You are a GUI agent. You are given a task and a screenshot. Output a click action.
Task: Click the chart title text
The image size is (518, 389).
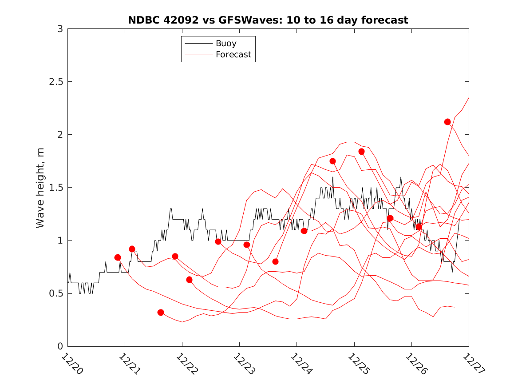tap(268, 20)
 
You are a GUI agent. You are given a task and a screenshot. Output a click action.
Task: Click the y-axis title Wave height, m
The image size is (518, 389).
tap(40, 188)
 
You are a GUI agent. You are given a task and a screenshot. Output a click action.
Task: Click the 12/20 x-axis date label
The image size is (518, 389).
tap(72, 363)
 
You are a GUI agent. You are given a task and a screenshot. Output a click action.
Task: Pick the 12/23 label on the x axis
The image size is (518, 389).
tap(244, 363)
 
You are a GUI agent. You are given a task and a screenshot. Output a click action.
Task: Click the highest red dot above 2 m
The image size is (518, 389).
tap(447, 122)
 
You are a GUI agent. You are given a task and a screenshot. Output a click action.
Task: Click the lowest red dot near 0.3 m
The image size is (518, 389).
tap(161, 313)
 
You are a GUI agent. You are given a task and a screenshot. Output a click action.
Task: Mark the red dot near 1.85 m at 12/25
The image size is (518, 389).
tap(361, 152)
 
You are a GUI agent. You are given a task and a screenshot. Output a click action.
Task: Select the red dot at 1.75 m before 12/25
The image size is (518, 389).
tap(333, 161)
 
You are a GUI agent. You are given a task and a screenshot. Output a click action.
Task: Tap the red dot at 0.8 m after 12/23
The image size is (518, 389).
tap(275, 261)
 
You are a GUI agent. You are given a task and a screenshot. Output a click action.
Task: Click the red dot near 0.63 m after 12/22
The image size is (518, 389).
tap(189, 280)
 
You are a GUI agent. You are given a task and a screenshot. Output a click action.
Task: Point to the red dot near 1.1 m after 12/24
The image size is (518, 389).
tap(304, 231)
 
